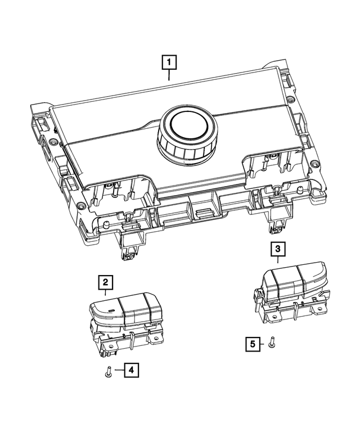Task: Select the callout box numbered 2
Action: tap(105, 281)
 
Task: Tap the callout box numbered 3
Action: tap(277, 247)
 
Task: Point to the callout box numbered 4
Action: tap(130, 370)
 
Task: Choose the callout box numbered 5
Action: tap(253, 343)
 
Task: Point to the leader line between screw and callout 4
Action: tap(116, 370)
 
